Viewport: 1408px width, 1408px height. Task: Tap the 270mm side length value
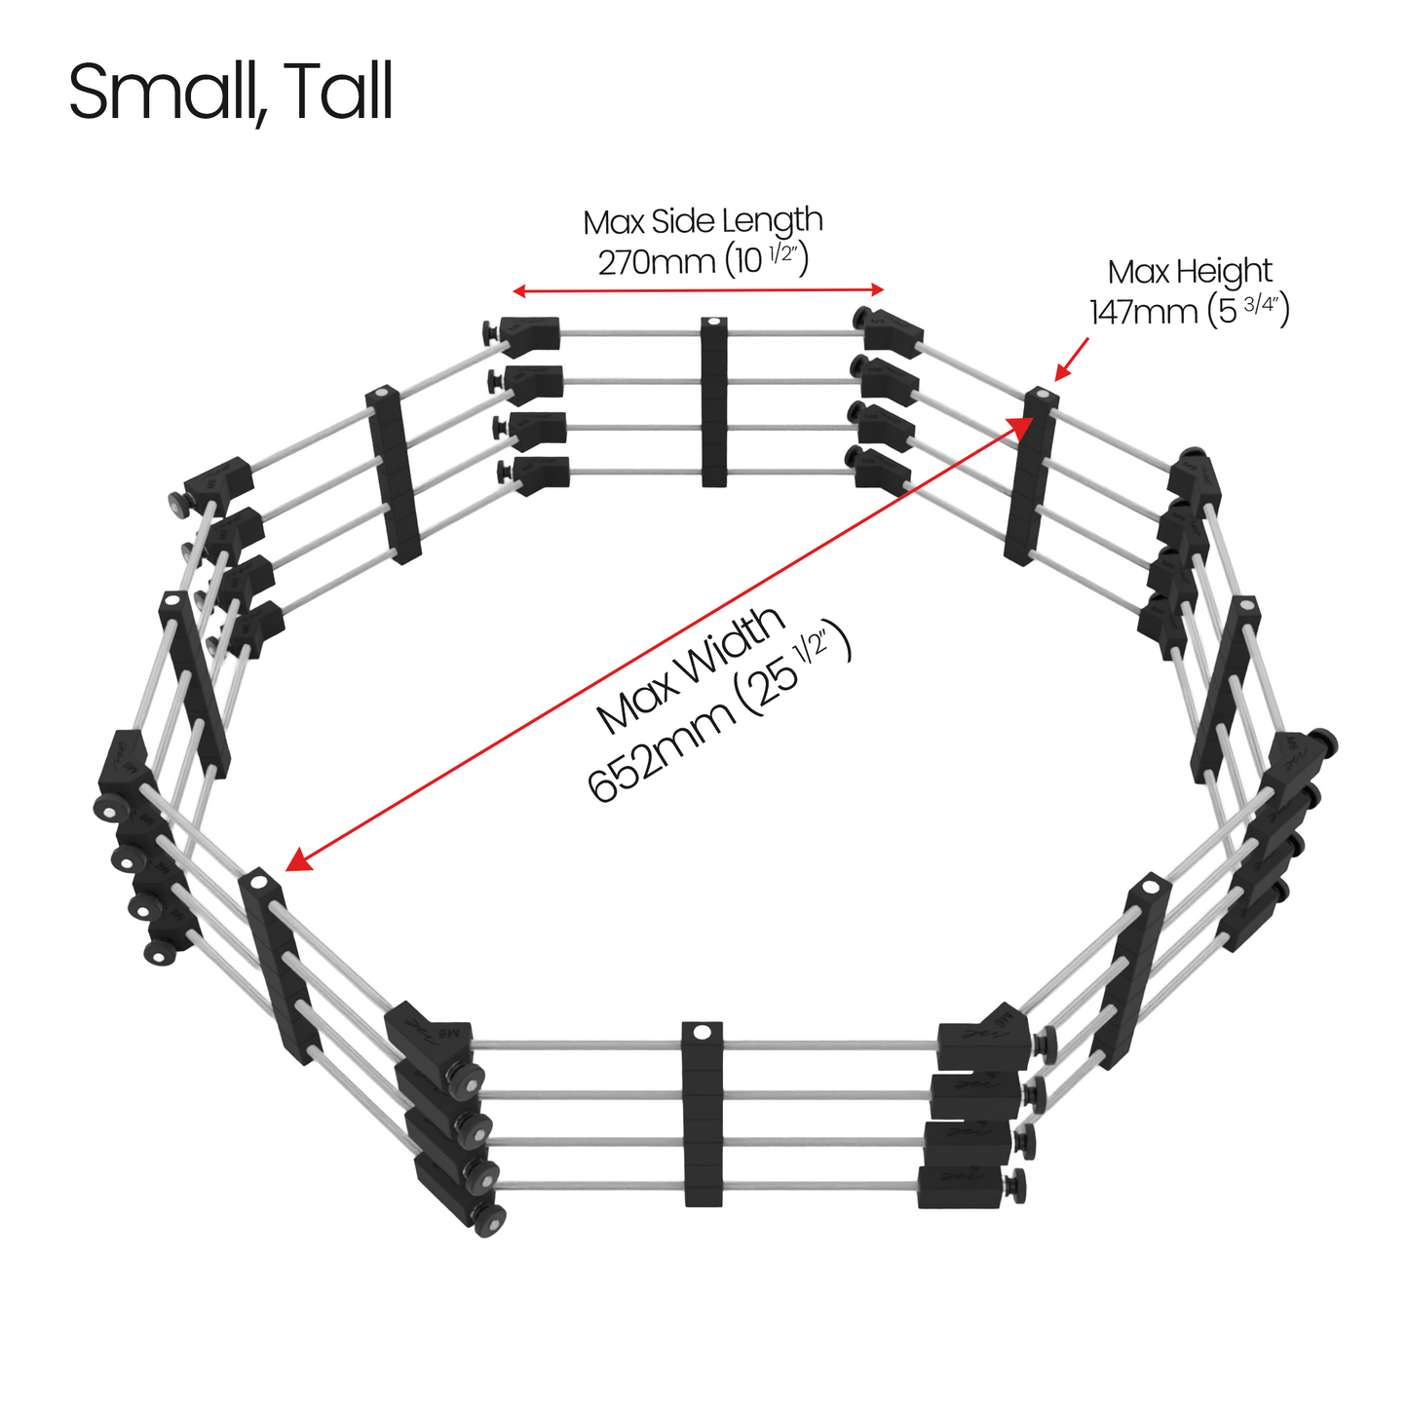coord(656,262)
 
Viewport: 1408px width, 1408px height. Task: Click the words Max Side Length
coord(703,221)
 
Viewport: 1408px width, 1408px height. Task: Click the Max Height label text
coord(1190,272)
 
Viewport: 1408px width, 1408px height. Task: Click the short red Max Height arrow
coord(1071,359)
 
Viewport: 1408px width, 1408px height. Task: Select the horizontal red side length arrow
coord(698,290)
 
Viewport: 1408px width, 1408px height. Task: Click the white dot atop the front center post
coord(702,1033)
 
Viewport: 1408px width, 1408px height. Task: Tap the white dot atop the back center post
coord(714,322)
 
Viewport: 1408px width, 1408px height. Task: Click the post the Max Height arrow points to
coord(1030,477)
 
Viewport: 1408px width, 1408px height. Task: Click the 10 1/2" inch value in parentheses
coord(767,261)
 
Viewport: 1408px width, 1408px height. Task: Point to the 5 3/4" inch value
coord(1248,311)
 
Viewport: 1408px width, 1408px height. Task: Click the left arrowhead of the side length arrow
coord(518,291)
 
